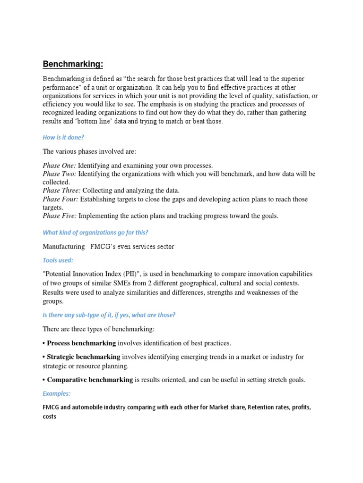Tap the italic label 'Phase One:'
[x=59, y=165]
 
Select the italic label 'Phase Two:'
[x=60, y=174]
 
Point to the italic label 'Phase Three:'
[x=61, y=191]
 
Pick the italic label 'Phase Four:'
[x=60, y=199]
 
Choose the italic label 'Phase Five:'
[x=60, y=216]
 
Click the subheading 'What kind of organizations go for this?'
[x=95, y=232]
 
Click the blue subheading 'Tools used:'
[x=58, y=260]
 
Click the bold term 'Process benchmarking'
[x=81, y=343]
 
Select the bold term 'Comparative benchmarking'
[x=90, y=380]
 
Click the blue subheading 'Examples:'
[x=56, y=393]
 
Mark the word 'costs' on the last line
[x=49, y=416]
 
